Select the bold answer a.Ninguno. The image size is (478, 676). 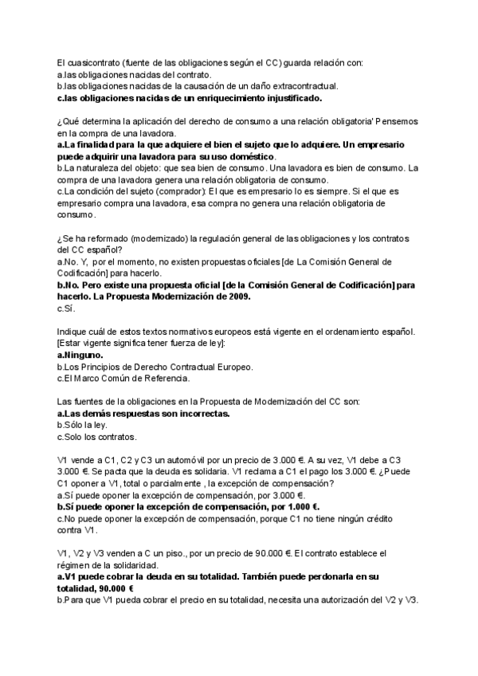pyautogui.click(x=80, y=354)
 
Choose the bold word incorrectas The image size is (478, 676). pyautogui.click(x=201, y=414)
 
